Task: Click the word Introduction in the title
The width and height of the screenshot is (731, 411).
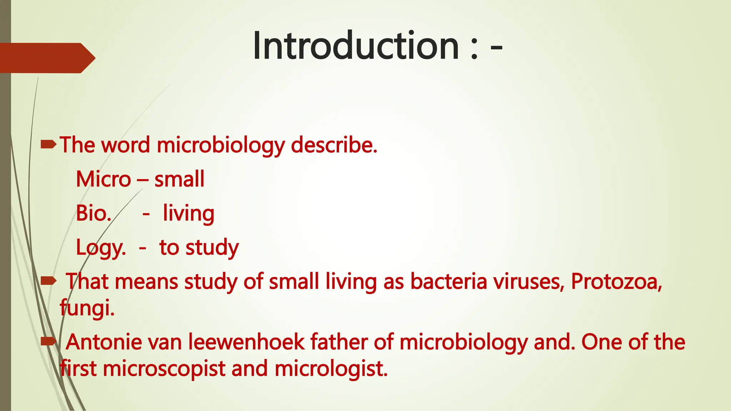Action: tap(356, 46)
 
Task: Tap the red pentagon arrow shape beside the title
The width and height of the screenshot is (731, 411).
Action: tap(46, 58)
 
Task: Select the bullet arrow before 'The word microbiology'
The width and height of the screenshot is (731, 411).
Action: tap(49, 144)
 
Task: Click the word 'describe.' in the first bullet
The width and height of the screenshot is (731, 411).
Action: tap(334, 145)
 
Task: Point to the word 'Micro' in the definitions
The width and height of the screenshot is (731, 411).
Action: tap(104, 179)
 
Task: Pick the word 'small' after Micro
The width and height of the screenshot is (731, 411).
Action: tap(179, 179)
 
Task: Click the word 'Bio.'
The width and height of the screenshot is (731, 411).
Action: tap(94, 213)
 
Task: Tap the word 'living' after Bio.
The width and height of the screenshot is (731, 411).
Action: tap(188, 213)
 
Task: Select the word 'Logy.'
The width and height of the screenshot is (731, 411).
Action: tap(101, 248)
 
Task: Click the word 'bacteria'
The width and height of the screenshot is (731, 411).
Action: tap(449, 281)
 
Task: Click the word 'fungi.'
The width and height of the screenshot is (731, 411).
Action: tap(87, 308)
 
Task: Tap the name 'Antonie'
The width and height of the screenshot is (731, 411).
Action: tap(104, 342)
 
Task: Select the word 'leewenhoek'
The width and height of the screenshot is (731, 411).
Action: tap(246, 342)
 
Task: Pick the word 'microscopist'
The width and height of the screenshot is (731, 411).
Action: tap(164, 369)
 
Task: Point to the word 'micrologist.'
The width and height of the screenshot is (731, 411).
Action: tap(331, 369)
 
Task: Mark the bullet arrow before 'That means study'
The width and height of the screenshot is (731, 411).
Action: tap(49, 281)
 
